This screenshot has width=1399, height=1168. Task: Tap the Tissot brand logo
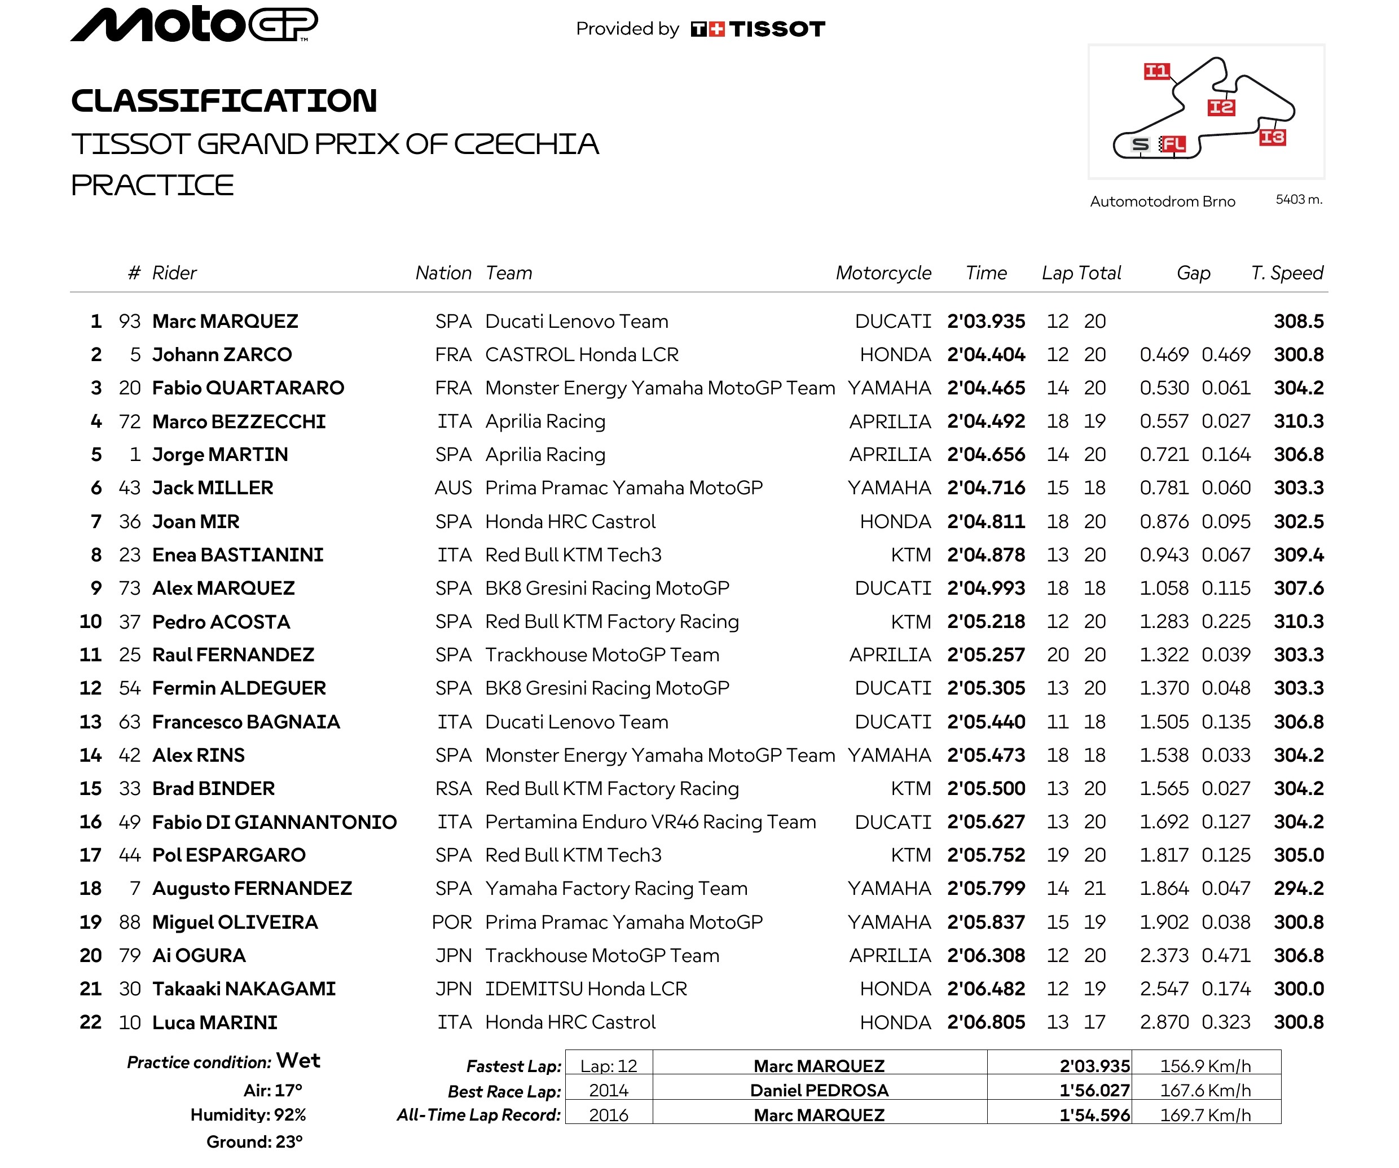coord(758,29)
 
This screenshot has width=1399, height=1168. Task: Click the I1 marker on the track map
coord(1156,71)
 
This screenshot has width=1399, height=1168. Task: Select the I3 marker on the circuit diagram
coord(1272,137)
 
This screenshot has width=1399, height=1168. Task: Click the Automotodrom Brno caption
coord(1163,201)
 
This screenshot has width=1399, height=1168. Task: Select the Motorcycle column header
coord(883,273)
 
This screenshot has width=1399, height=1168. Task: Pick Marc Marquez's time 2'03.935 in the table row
coord(986,321)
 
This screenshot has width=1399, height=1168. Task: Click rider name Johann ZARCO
coord(222,354)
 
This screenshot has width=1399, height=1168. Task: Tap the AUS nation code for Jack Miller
coord(453,488)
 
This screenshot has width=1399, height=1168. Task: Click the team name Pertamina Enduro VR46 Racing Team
coord(650,822)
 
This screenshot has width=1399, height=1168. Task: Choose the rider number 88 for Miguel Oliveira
coord(130,922)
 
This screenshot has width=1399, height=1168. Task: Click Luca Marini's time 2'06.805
coord(986,1022)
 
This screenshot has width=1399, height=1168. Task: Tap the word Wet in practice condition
coord(298,1060)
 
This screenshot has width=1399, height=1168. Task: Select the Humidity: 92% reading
coord(248,1115)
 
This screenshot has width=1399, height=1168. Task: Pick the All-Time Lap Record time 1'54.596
coord(1094,1115)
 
